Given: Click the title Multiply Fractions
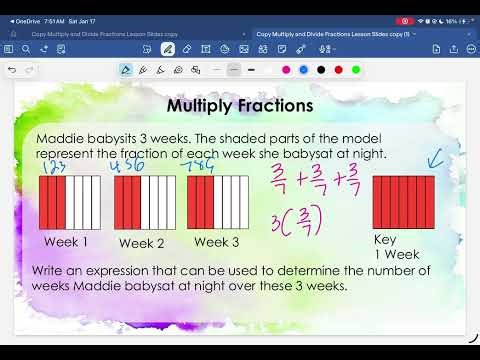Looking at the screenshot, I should pyautogui.click(x=240, y=105).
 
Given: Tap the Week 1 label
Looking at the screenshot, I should pyautogui.click(x=65, y=241).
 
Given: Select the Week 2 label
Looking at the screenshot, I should pyautogui.click(x=140, y=242).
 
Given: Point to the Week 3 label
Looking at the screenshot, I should pyautogui.click(x=216, y=241).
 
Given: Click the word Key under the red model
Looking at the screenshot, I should pyautogui.click(x=385, y=240).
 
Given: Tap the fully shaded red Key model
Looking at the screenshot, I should pyautogui.click(x=403, y=202).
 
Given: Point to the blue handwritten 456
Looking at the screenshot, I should pyautogui.click(x=127, y=166).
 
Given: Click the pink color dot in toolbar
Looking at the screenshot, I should pyautogui.click(x=286, y=70).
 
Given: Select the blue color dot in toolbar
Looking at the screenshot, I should pyautogui.click(x=303, y=70).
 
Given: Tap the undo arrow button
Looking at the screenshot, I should pyautogui.click(x=12, y=70).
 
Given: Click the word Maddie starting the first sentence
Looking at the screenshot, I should pyautogui.click(x=60, y=137).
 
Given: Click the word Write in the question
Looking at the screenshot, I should pyautogui.click(x=52, y=270).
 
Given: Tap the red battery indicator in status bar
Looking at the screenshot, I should pyautogui.click(x=463, y=21).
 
